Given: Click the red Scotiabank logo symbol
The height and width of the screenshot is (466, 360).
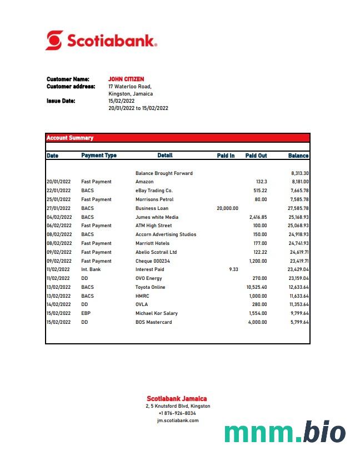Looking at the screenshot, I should pyautogui.click(x=54, y=41).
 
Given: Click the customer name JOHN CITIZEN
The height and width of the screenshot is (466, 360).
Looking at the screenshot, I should pyautogui.click(x=126, y=79).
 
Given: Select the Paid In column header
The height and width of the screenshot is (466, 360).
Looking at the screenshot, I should pyautogui.click(x=226, y=156).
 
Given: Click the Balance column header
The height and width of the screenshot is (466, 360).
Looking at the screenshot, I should pyautogui.click(x=298, y=156).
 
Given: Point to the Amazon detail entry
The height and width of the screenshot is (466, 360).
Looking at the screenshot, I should pyautogui.click(x=144, y=182).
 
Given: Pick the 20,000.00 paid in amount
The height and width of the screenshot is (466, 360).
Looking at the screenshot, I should pyautogui.click(x=227, y=208).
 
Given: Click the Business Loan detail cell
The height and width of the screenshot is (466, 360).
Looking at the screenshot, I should pyautogui.click(x=152, y=208).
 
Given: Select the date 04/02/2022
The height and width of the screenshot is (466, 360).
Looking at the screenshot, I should pyautogui.click(x=59, y=217).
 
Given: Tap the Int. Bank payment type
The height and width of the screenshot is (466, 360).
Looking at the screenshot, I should pyautogui.click(x=91, y=269).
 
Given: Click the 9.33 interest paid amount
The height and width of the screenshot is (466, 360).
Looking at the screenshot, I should pyautogui.click(x=233, y=269).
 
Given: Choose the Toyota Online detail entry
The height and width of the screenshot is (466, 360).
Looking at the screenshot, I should pyautogui.click(x=151, y=287).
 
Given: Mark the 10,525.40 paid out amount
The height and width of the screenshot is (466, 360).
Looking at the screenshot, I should pyautogui.click(x=257, y=287).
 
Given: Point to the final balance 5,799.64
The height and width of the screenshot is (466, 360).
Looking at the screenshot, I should pyautogui.click(x=299, y=322).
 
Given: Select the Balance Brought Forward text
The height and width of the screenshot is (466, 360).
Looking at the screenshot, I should pyautogui.click(x=164, y=173).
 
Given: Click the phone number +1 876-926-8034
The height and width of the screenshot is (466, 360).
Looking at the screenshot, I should pyautogui.click(x=177, y=413).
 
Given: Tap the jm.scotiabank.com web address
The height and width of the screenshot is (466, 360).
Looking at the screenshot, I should pyautogui.click(x=178, y=420).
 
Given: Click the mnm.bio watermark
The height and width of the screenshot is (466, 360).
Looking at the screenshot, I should pyautogui.click(x=285, y=433).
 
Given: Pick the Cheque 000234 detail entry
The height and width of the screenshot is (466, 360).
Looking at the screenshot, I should pyautogui.click(x=153, y=261).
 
